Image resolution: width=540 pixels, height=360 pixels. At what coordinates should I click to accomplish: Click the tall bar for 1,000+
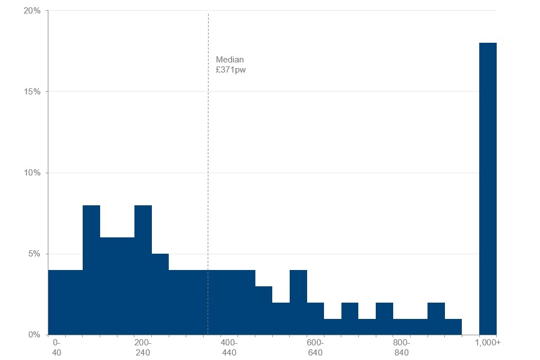[x=488, y=188]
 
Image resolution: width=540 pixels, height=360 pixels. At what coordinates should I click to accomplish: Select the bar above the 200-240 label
[x=143, y=270]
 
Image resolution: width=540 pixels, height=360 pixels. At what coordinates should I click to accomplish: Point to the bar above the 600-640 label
[x=316, y=318]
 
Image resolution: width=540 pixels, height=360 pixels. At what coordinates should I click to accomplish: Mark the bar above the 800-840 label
[x=402, y=327]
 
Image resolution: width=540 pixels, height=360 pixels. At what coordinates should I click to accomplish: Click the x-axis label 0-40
[x=56, y=347]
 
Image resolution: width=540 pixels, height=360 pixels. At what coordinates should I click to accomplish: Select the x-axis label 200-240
[x=143, y=347]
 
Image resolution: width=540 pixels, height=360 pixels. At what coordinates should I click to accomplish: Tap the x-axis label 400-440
[x=229, y=347]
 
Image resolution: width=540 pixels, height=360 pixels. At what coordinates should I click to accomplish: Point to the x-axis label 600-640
[x=316, y=347]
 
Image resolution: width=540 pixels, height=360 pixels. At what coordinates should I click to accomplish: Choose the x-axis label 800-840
[x=402, y=347]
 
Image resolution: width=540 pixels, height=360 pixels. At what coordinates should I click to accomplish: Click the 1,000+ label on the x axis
[x=488, y=343]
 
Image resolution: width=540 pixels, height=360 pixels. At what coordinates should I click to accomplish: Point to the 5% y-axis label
[x=35, y=254]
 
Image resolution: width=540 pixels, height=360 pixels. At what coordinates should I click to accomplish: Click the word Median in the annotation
[x=230, y=60]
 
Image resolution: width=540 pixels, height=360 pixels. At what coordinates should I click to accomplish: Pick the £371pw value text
[x=231, y=70]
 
